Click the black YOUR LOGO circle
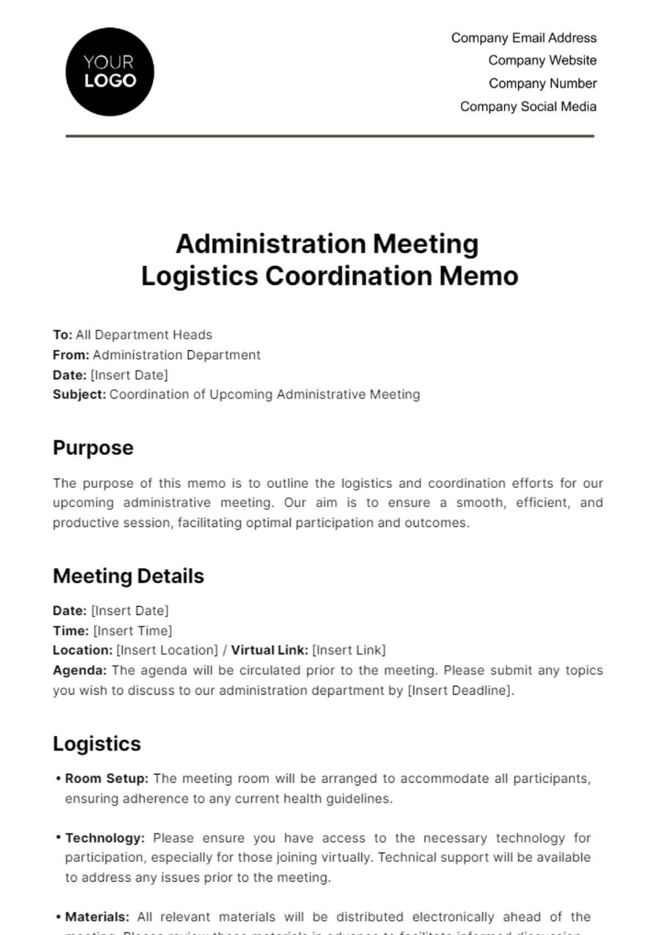tap(109, 72)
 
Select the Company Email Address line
tap(524, 38)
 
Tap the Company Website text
tap(542, 61)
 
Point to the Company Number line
tap(542, 84)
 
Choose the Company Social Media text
tap(528, 107)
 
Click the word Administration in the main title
tap(270, 244)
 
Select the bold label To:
tap(63, 335)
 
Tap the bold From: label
tap(71, 355)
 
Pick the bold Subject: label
tap(79, 394)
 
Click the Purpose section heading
tap(93, 448)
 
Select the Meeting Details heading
tap(128, 576)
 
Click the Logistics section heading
tap(97, 744)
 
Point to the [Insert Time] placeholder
tap(133, 631)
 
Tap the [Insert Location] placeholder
tap(167, 650)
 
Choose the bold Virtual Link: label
tap(269, 650)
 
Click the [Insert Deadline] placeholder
tap(460, 690)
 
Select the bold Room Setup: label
tap(107, 779)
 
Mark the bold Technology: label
tap(105, 838)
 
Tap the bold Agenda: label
tap(80, 670)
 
